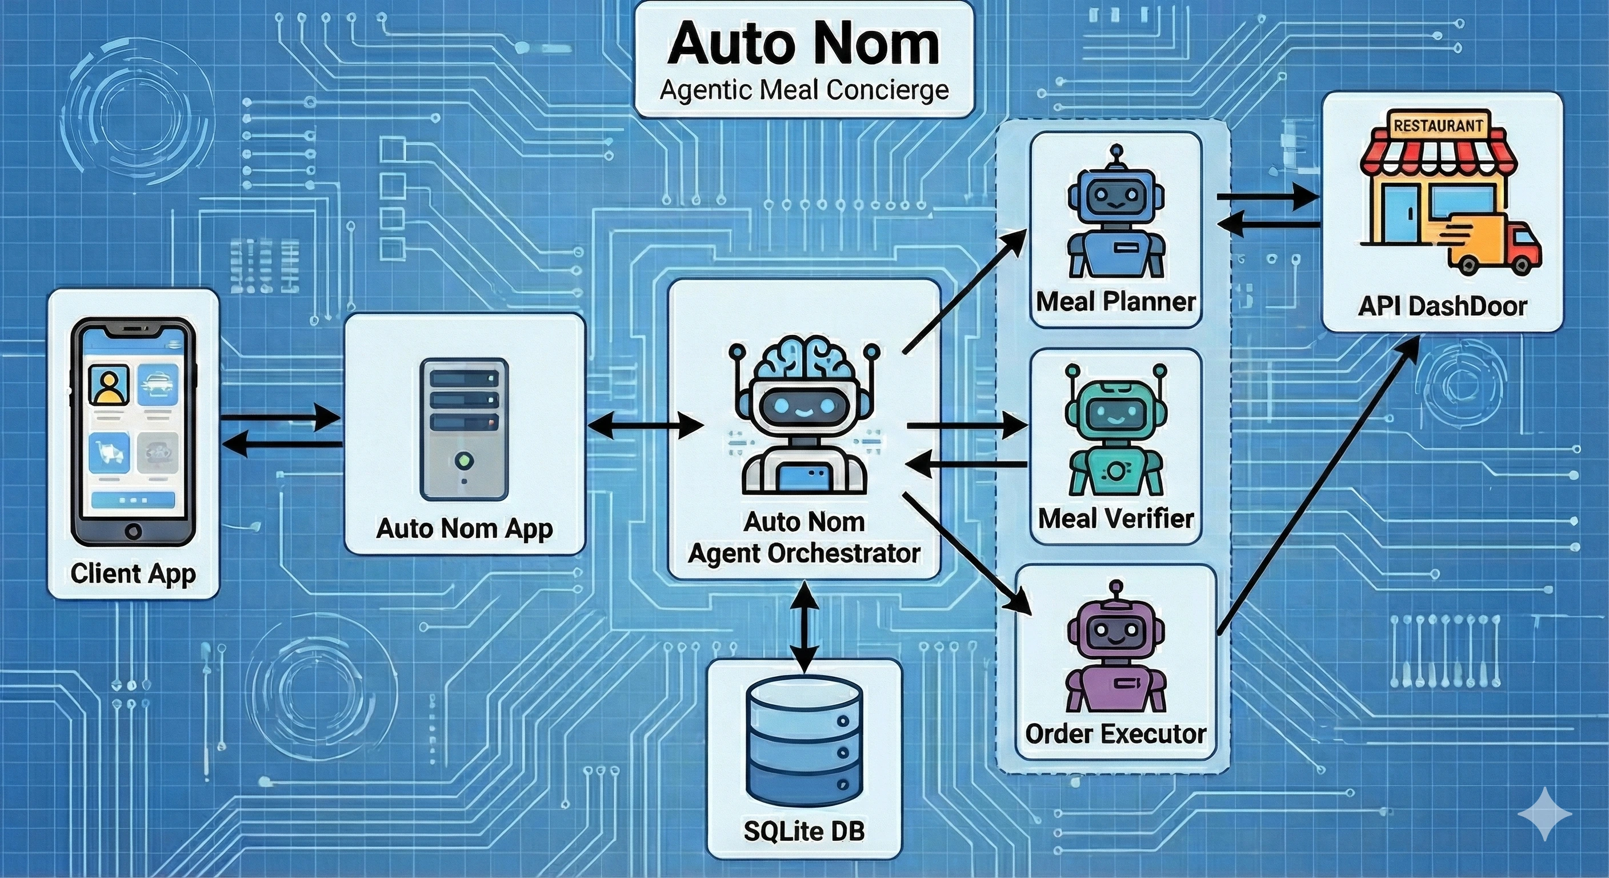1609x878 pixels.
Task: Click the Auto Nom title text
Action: coord(803,44)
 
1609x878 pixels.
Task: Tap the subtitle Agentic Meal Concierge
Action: coord(804,91)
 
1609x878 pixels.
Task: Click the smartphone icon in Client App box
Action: coord(133,431)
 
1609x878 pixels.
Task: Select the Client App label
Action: coord(133,572)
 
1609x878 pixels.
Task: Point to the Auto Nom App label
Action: coord(464,528)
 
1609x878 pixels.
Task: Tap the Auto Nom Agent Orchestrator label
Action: coord(804,537)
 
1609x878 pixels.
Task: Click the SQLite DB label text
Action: coord(804,831)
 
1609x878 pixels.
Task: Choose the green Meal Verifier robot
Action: coord(1115,431)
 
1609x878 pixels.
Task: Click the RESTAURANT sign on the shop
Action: coord(1438,126)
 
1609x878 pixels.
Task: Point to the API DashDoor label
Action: coord(1442,306)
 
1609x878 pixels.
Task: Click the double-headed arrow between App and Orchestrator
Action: coord(645,426)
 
